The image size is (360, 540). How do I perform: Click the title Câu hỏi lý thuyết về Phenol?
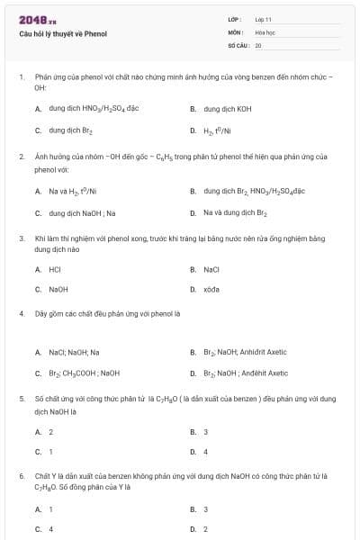coord(63,33)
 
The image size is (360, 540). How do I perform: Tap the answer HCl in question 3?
coord(55,269)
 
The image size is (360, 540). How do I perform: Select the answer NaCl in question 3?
coord(211,269)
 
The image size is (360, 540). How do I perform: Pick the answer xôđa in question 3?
coord(211,290)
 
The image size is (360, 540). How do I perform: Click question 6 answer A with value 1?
coord(50,508)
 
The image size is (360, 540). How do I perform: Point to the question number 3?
coord(21,238)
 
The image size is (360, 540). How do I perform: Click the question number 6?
coord(21,474)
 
